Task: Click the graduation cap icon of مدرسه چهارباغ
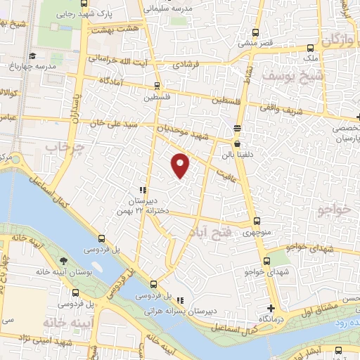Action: tap(32, 56)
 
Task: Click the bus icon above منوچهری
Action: tap(256, 219)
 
